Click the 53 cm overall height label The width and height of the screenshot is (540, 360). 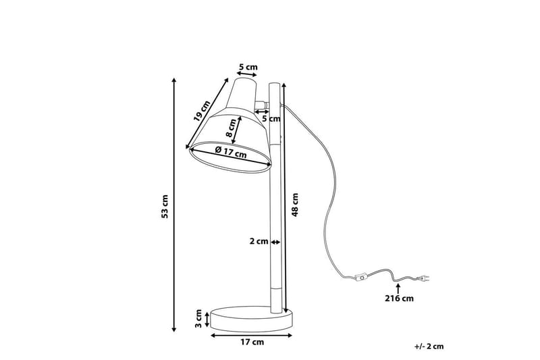pos(165,207)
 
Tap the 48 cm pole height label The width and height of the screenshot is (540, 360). pos(295,205)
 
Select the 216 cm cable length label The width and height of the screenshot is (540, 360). pos(399,299)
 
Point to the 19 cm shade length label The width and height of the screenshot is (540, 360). pos(201,111)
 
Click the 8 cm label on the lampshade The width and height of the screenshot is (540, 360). pos(231,128)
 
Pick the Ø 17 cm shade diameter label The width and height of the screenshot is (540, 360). pos(231,152)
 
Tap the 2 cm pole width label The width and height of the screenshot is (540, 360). pos(259,242)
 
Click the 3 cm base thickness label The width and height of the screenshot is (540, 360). pos(198,319)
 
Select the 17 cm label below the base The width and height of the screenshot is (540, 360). pos(252,342)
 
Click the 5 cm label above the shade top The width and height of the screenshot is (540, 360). pos(248,67)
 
